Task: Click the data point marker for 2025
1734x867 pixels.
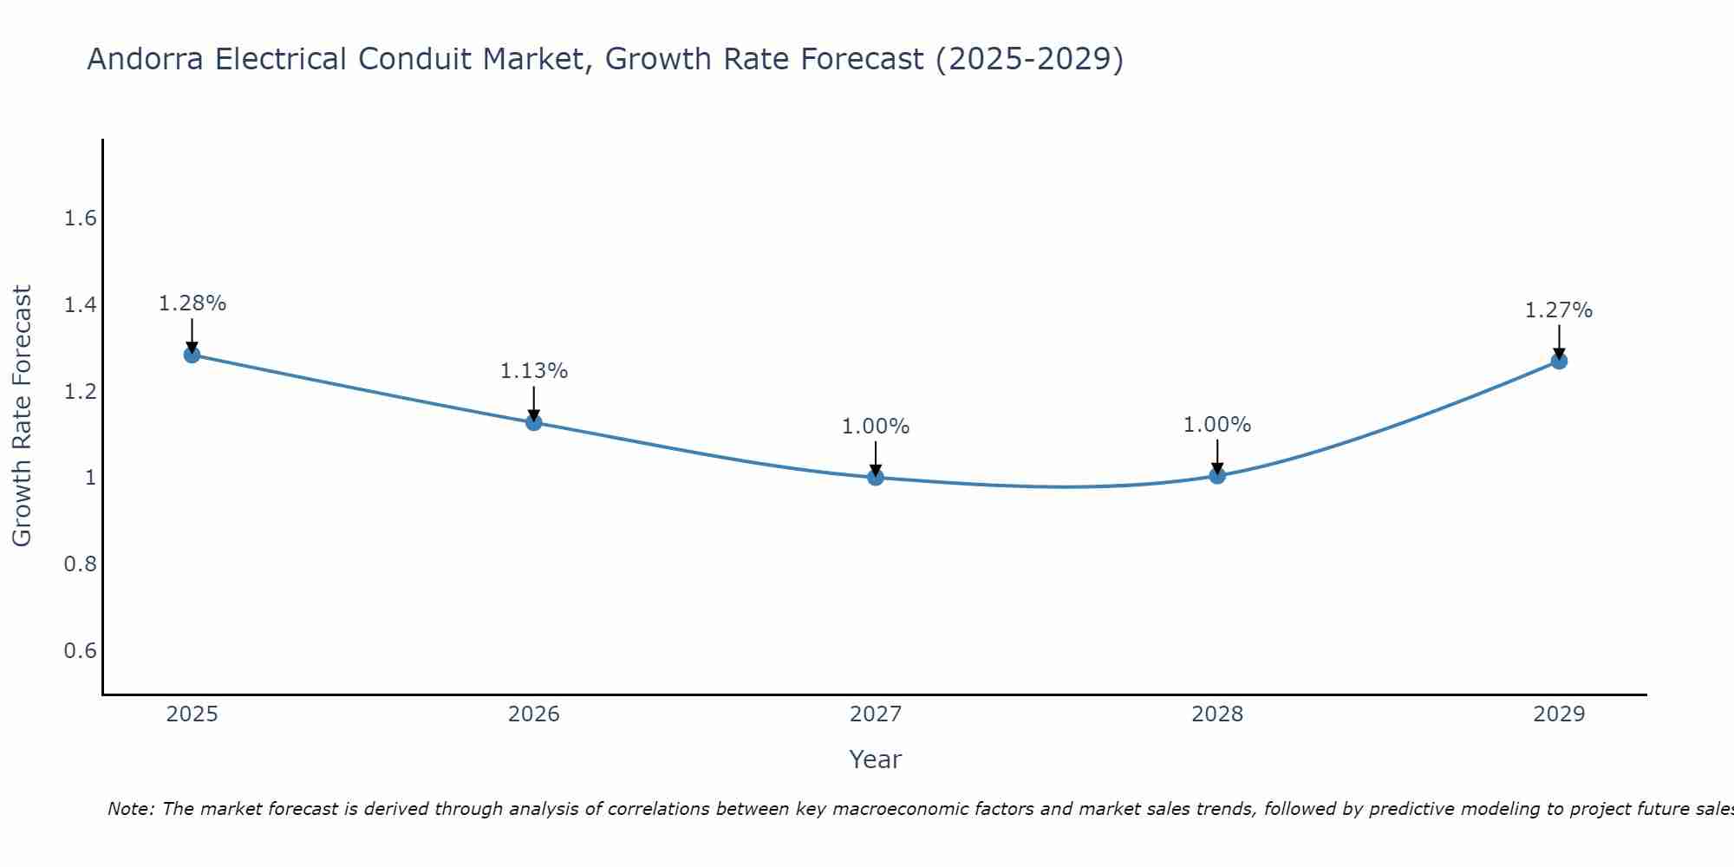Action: tap(192, 355)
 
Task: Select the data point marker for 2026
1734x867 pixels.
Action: tap(534, 422)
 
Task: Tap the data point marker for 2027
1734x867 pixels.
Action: tap(876, 477)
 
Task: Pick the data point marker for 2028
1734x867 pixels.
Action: tap(1217, 475)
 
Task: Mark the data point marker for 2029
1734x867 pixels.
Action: tap(1559, 361)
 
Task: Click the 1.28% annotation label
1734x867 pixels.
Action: tap(192, 303)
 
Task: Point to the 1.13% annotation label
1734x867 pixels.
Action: tap(534, 371)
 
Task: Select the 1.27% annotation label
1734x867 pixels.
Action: tap(1559, 310)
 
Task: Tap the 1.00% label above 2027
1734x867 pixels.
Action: tap(876, 427)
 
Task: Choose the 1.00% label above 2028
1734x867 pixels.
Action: tap(1217, 425)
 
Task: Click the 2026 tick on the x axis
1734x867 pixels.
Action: tap(534, 714)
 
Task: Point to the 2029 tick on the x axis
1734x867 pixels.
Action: tap(1559, 714)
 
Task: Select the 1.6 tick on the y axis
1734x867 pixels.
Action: tap(81, 218)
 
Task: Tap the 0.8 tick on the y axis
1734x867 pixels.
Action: tap(81, 564)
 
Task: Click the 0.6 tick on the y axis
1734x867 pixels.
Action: tap(81, 651)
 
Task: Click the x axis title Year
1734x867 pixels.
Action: tap(876, 759)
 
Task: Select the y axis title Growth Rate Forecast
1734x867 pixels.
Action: tap(22, 416)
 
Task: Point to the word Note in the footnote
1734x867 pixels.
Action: tap(130, 809)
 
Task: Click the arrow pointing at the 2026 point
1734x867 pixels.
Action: tap(534, 403)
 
